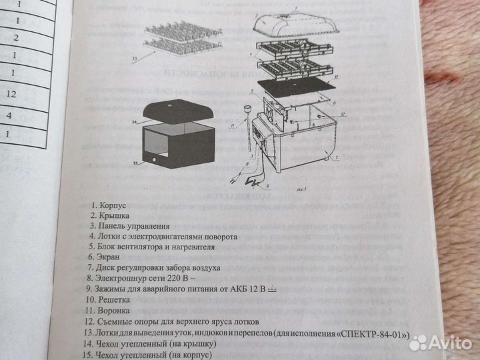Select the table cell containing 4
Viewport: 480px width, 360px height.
[x=9, y=116]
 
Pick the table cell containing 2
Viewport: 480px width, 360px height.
[x=15, y=37]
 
